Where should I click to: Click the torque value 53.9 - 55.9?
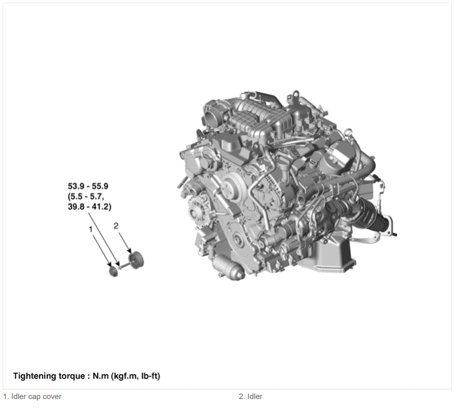[x=88, y=186]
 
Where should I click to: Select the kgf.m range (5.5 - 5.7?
[x=86, y=197]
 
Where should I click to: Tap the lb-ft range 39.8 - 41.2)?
[x=89, y=207]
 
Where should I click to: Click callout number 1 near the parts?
[x=91, y=229]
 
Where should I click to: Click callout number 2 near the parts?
[x=116, y=225]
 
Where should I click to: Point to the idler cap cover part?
[x=113, y=272]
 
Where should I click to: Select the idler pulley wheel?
[x=136, y=260]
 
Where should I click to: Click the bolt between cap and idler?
[x=123, y=265]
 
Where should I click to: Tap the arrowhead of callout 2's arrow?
[x=131, y=252]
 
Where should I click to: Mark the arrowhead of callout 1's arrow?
[x=110, y=264]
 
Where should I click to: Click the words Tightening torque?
[x=49, y=376]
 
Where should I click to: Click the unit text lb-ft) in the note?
[x=151, y=376]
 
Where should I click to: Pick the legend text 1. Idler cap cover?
[x=33, y=397]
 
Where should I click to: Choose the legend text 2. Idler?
[x=250, y=397]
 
